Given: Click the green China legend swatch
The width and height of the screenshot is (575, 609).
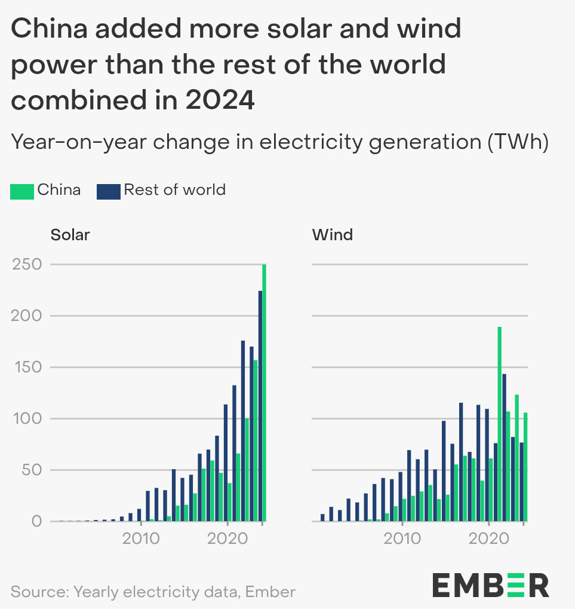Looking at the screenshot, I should pyautogui.click(x=22, y=191).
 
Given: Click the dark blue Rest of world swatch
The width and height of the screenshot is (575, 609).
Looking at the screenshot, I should pyautogui.click(x=108, y=191).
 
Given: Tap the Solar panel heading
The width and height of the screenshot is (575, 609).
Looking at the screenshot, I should pyautogui.click(x=70, y=235).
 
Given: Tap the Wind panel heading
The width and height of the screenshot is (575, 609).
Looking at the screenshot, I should pyautogui.click(x=333, y=235).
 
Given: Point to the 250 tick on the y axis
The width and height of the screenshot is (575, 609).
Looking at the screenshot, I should pyautogui.click(x=27, y=264).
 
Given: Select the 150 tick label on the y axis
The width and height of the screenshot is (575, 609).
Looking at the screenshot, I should pyautogui.click(x=27, y=367).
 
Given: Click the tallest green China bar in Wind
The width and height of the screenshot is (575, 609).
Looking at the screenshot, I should pyautogui.click(x=499, y=424).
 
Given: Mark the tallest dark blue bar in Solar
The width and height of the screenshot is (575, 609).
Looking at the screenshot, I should pyautogui.click(x=260, y=406).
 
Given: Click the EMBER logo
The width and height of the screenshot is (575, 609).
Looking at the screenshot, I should pyautogui.click(x=490, y=584).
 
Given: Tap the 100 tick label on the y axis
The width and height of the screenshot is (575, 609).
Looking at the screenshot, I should pyautogui.click(x=27, y=418).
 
